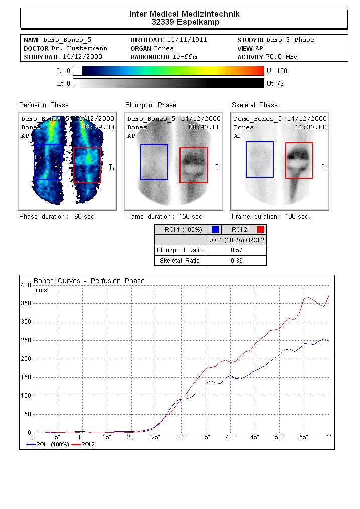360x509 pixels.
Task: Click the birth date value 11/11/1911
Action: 187,40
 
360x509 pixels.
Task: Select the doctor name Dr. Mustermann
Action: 79,48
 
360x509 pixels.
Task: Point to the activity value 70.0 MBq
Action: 282,57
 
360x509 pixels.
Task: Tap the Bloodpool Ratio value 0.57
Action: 236,250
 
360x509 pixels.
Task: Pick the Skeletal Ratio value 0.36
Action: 236,260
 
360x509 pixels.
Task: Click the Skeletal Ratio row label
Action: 179,260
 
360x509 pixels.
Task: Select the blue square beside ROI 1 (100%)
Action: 216,230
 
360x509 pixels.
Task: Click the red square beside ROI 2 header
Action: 260,230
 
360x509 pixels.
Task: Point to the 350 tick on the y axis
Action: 26,304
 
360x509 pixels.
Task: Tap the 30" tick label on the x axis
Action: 181,438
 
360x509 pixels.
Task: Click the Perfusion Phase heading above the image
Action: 44,105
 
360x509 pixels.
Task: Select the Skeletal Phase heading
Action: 254,105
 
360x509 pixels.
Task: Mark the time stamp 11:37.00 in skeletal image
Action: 310,127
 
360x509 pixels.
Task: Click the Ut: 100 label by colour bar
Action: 277,71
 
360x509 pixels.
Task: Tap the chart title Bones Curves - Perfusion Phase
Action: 89,281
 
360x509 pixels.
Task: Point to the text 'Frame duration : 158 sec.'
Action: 164,217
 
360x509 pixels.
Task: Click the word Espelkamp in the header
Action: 198,22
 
